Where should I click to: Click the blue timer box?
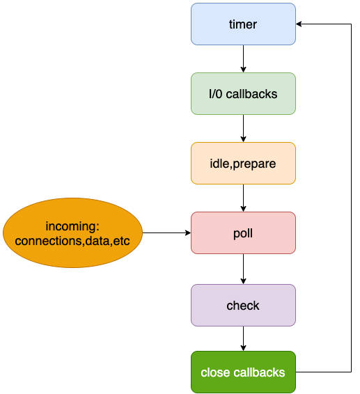pyautogui.click(x=243, y=24)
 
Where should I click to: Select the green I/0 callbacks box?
pyautogui.click(x=243, y=94)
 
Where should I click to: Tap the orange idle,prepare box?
pyautogui.click(x=243, y=164)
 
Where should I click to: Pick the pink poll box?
pyautogui.click(x=243, y=233)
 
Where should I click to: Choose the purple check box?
pyautogui.click(x=243, y=306)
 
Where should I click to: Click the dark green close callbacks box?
pyautogui.click(x=243, y=372)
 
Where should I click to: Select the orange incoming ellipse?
pyautogui.click(x=72, y=233)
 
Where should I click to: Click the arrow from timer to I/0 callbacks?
pyautogui.click(x=243, y=58)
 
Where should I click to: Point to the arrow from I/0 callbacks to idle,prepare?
pyautogui.click(x=243, y=128)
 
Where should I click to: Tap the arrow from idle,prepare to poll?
pyautogui.click(x=243, y=198)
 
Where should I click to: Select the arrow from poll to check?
pyautogui.click(x=243, y=269)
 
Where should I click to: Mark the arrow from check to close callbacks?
pyautogui.click(x=243, y=339)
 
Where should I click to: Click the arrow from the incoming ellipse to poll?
pyautogui.click(x=166, y=233)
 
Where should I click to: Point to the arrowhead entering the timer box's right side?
pyautogui.click(x=299, y=24)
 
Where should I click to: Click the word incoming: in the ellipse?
pyautogui.click(x=72, y=226)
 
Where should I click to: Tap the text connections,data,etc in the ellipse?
pyautogui.click(x=72, y=241)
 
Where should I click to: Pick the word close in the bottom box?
pyautogui.click(x=215, y=372)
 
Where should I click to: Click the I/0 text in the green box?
pyautogui.click(x=216, y=94)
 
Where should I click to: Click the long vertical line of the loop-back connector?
pyautogui.click(x=351, y=198)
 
